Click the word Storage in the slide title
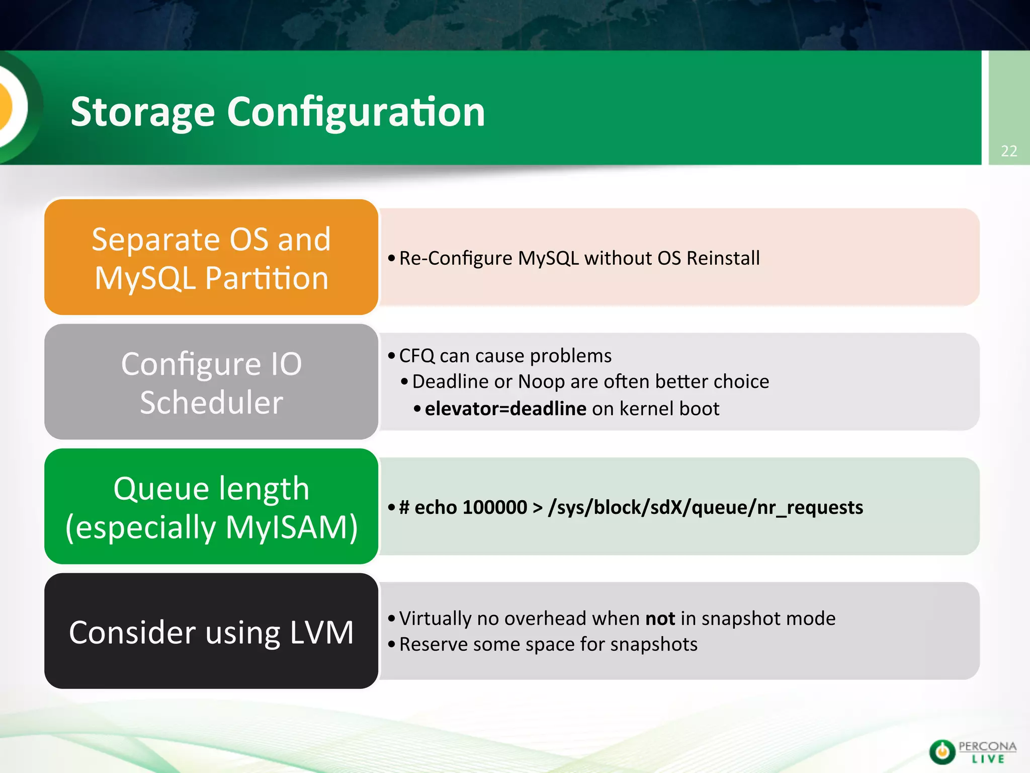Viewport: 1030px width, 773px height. click(143, 112)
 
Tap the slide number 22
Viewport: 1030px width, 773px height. click(1009, 151)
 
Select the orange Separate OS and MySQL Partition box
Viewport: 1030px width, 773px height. click(211, 257)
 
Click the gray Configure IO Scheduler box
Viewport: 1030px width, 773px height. click(211, 382)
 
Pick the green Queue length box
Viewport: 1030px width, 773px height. click(211, 506)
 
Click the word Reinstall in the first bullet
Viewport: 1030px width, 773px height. click(723, 258)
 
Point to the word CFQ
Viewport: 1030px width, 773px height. click(416, 356)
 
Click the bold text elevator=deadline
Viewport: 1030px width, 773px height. click(505, 409)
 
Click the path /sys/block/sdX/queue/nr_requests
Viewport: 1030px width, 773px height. click(706, 507)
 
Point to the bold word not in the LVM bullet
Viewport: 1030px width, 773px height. click(660, 619)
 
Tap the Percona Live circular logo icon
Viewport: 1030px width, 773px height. click(942, 752)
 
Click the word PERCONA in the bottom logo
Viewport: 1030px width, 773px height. click(987, 746)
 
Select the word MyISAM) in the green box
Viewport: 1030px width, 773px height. click(292, 527)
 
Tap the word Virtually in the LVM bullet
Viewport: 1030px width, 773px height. click(435, 619)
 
